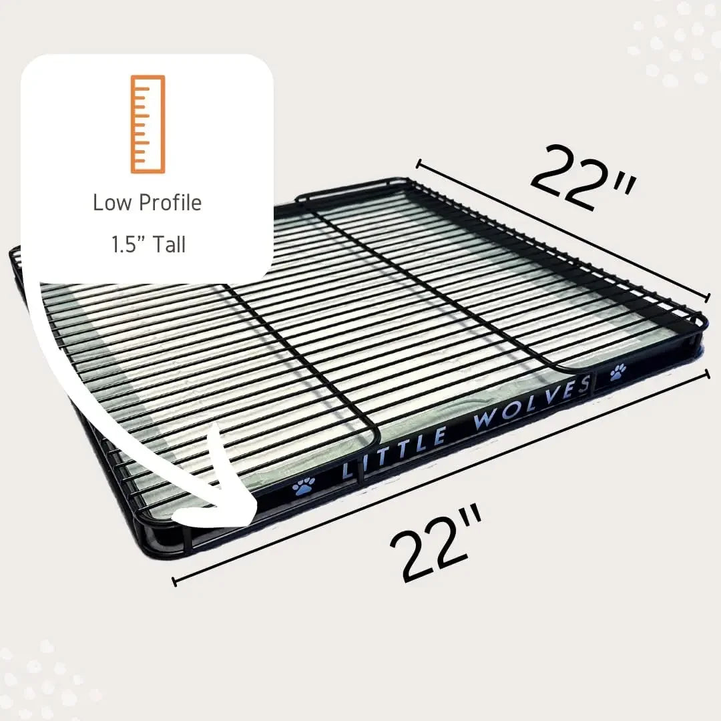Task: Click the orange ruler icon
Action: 148,124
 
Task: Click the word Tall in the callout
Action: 169,244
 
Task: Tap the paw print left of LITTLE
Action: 304,487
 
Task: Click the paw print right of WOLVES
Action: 618,371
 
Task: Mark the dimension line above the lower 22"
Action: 441,478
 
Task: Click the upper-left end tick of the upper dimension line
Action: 419,163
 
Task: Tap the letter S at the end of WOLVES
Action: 585,385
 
